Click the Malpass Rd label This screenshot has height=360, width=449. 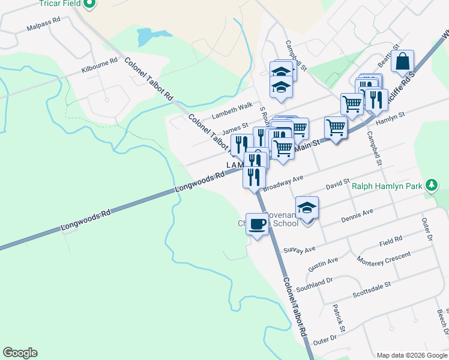click(44, 24)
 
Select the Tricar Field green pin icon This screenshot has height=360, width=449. click(89, 4)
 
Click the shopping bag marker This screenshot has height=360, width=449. click(405, 61)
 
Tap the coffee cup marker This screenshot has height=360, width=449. click(258, 224)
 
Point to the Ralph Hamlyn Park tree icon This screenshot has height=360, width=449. click(431, 185)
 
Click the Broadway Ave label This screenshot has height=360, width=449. click(283, 182)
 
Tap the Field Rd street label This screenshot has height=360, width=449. click(390, 241)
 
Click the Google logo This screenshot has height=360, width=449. click(20, 353)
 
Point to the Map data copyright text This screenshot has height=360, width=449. click(411, 355)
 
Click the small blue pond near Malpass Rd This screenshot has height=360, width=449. click(146, 37)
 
